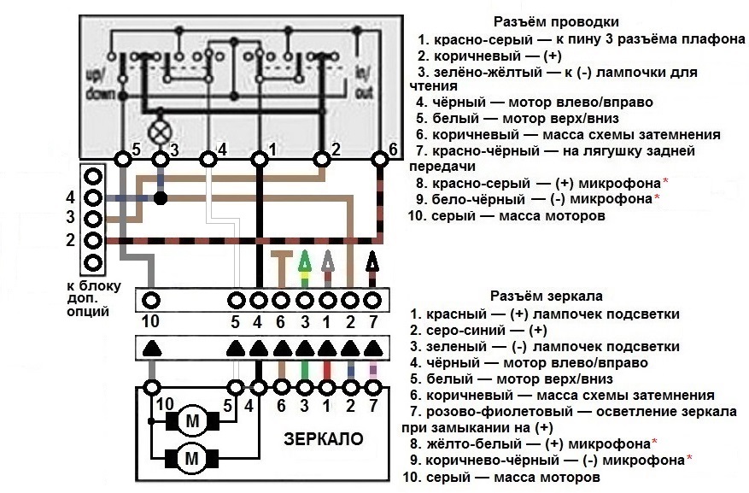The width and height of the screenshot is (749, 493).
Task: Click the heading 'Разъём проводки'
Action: click(556, 22)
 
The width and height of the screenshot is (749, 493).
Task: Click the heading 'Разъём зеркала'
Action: click(546, 296)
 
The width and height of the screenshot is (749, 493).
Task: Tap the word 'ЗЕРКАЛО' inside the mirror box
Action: click(324, 438)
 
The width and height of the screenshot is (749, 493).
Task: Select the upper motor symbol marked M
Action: click(192, 421)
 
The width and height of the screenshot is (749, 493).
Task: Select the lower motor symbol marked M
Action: click(191, 459)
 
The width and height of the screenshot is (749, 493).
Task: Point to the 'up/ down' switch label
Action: click(100, 84)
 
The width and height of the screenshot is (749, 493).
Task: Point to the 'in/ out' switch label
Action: click(364, 82)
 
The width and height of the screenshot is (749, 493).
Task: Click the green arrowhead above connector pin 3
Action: click(304, 261)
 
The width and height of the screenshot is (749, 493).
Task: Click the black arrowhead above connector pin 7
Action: click(372, 261)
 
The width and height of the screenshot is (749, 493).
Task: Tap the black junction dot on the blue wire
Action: click(161, 197)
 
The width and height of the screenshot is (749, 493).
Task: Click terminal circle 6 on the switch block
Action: click(380, 159)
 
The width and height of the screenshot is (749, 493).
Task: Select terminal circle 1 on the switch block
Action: click(260, 159)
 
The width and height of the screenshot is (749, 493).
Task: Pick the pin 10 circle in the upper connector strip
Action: click(151, 301)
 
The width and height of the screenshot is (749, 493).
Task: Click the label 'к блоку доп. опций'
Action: click(94, 299)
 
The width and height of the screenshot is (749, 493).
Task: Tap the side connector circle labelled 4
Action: click(93, 197)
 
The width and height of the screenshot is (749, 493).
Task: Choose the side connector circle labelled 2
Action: click(93, 240)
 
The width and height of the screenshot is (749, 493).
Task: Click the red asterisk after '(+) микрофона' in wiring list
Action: click(665, 182)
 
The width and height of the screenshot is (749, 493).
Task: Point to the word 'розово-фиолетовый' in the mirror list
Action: click(499, 412)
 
